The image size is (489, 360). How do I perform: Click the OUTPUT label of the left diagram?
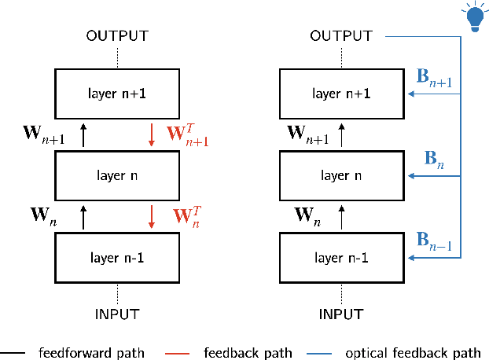click(x=117, y=36)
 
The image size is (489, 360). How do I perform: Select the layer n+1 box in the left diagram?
click(x=117, y=94)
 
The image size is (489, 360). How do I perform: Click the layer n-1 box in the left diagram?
click(x=117, y=257)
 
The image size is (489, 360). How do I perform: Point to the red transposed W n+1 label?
click(x=186, y=134)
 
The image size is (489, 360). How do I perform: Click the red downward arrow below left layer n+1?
click(x=152, y=135)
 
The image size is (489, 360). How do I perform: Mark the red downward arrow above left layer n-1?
click(x=152, y=217)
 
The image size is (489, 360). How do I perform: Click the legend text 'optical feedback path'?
click(x=413, y=352)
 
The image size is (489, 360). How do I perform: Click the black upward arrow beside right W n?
click(x=342, y=217)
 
